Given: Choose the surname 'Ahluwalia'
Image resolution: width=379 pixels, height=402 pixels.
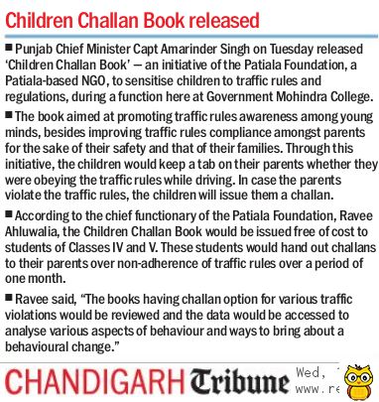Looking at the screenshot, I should click(44, 233).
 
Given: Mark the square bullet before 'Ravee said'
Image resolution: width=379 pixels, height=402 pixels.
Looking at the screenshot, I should click(8, 299).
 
